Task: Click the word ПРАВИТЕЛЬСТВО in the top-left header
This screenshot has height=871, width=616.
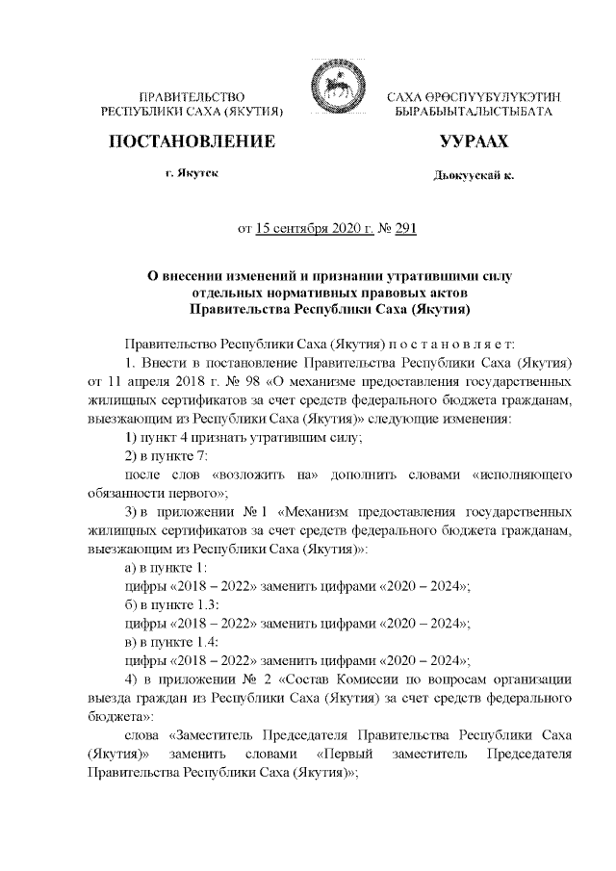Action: click(193, 98)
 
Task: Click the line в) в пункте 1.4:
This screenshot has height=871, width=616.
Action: click(175, 641)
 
